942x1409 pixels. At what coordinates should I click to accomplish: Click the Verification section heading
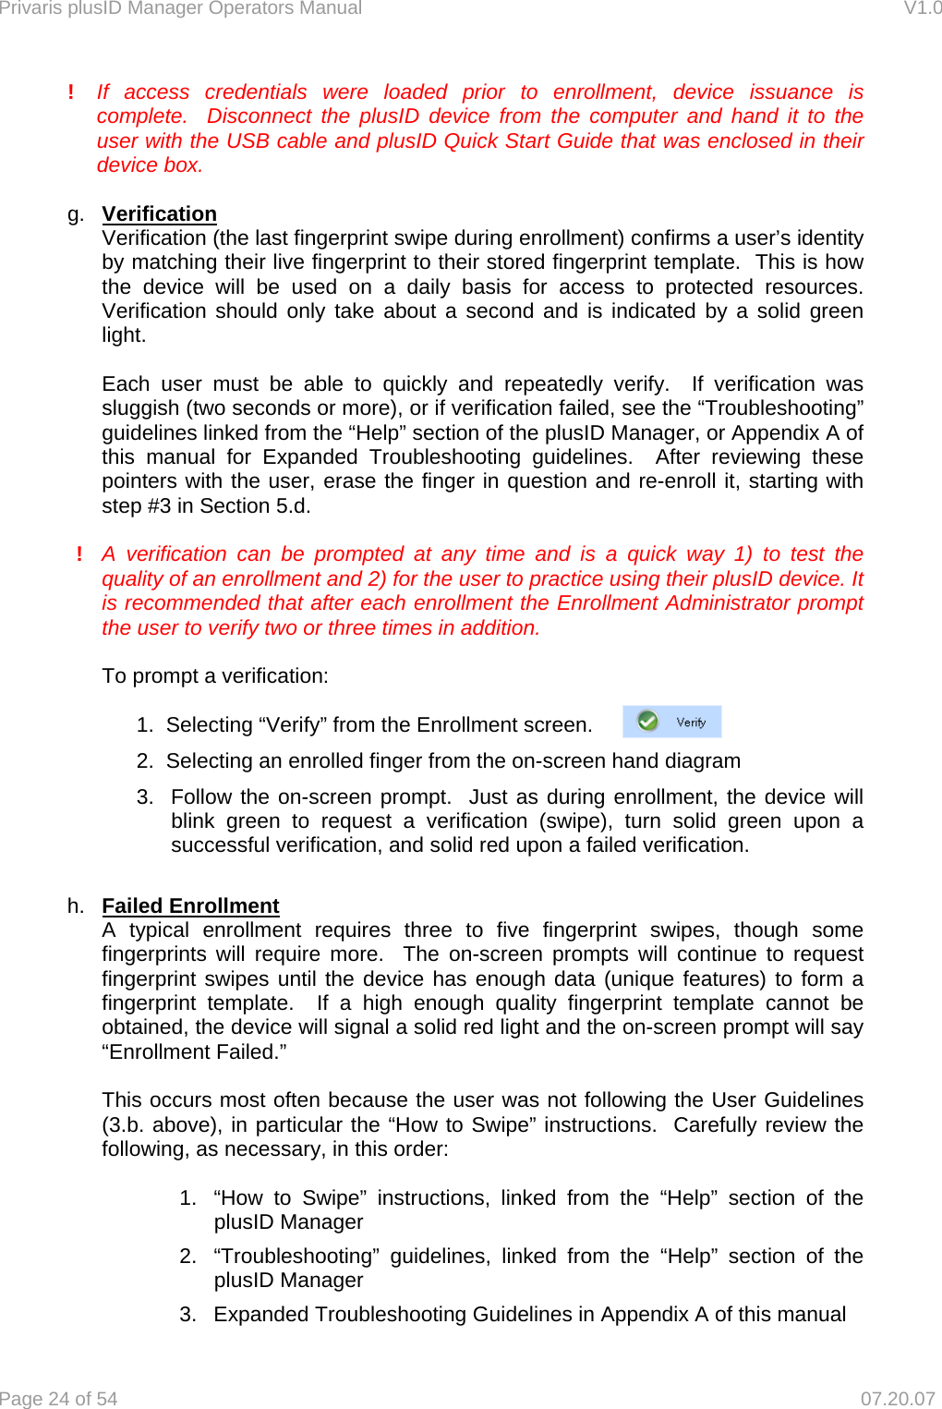(159, 213)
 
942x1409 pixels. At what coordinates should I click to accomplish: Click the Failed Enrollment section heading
(190, 905)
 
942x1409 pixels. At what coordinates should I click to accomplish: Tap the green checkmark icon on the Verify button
(648, 722)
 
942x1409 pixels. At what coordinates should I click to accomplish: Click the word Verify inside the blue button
(691, 723)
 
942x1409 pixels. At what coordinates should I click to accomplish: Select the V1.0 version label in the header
(922, 8)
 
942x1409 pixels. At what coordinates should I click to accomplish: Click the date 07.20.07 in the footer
(897, 1399)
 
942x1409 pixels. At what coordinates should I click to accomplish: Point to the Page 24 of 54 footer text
(59, 1399)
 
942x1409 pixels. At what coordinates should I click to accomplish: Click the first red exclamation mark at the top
(71, 92)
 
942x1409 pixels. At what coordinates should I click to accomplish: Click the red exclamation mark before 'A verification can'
(79, 554)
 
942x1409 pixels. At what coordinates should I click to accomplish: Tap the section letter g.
(75, 214)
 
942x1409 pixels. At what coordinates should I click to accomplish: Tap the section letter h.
(75, 906)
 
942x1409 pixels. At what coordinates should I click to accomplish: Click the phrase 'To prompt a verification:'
(215, 676)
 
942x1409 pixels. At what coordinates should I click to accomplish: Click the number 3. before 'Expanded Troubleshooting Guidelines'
(187, 1314)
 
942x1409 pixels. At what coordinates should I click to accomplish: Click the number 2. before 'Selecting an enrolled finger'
(145, 760)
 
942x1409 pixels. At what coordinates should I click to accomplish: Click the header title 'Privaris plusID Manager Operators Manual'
(180, 8)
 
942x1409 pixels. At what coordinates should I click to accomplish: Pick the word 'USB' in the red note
(248, 140)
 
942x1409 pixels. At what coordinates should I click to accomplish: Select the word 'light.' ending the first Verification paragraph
(124, 335)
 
